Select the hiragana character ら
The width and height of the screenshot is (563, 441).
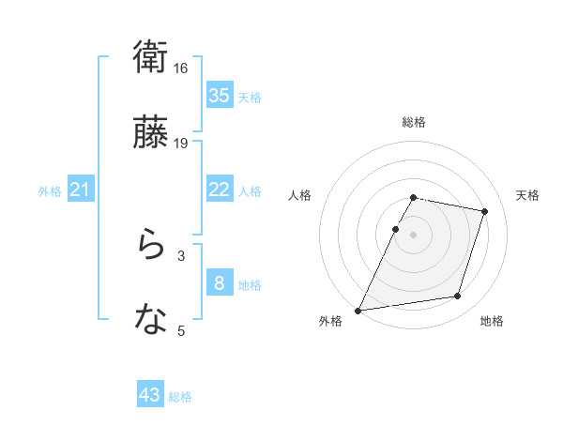pyautogui.click(x=151, y=247)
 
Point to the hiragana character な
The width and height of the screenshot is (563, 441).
pyautogui.click(x=151, y=322)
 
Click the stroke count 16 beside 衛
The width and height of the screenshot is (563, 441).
pyautogui.click(x=181, y=68)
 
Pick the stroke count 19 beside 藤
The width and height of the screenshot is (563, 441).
pyautogui.click(x=181, y=144)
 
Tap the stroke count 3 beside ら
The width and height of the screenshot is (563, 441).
pyautogui.click(x=181, y=255)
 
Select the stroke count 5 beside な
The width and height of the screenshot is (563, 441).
pyautogui.click(x=181, y=330)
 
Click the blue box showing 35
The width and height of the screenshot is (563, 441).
pyautogui.click(x=219, y=96)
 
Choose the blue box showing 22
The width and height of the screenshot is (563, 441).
pyautogui.click(x=219, y=190)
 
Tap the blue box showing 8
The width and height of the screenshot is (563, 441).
pyautogui.click(x=219, y=283)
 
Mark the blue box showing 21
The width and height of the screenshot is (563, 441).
pyautogui.click(x=80, y=190)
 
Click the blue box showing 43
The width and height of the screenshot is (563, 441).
pyautogui.click(x=150, y=395)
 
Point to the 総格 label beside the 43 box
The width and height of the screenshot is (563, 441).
pyautogui.click(x=180, y=397)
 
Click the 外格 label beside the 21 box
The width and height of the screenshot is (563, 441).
pyautogui.click(x=50, y=191)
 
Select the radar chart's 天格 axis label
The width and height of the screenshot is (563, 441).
pyautogui.click(x=528, y=195)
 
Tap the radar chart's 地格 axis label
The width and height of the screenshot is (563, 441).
pyautogui.click(x=492, y=321)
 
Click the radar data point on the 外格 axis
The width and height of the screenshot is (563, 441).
pyautogui.click(x=358, y=310)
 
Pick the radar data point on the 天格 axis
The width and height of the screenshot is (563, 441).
pyautogui.click(x=485, y=212)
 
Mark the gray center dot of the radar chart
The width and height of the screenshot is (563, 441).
pyautogui.click(x=414, y=234)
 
